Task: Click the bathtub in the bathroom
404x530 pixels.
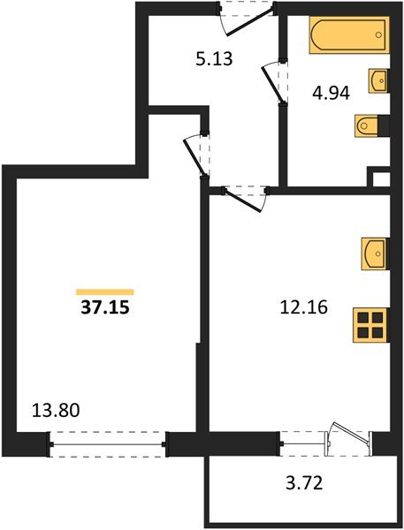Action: click(348, 37)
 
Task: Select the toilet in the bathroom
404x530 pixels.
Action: click(370, 127)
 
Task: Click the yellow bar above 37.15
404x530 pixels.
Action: click(104, 291)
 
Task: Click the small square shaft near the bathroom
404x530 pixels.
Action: click(380, 179)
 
